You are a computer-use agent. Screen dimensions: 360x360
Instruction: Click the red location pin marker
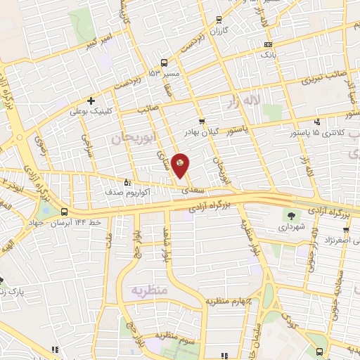pyautogui.click(x=181, y=165)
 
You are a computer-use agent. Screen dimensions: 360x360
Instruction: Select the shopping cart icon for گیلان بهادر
pyautogui.click(x=202, y=121)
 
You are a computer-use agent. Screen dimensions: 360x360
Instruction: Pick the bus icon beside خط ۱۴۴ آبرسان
pyautogui.click(x=65, y=212)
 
